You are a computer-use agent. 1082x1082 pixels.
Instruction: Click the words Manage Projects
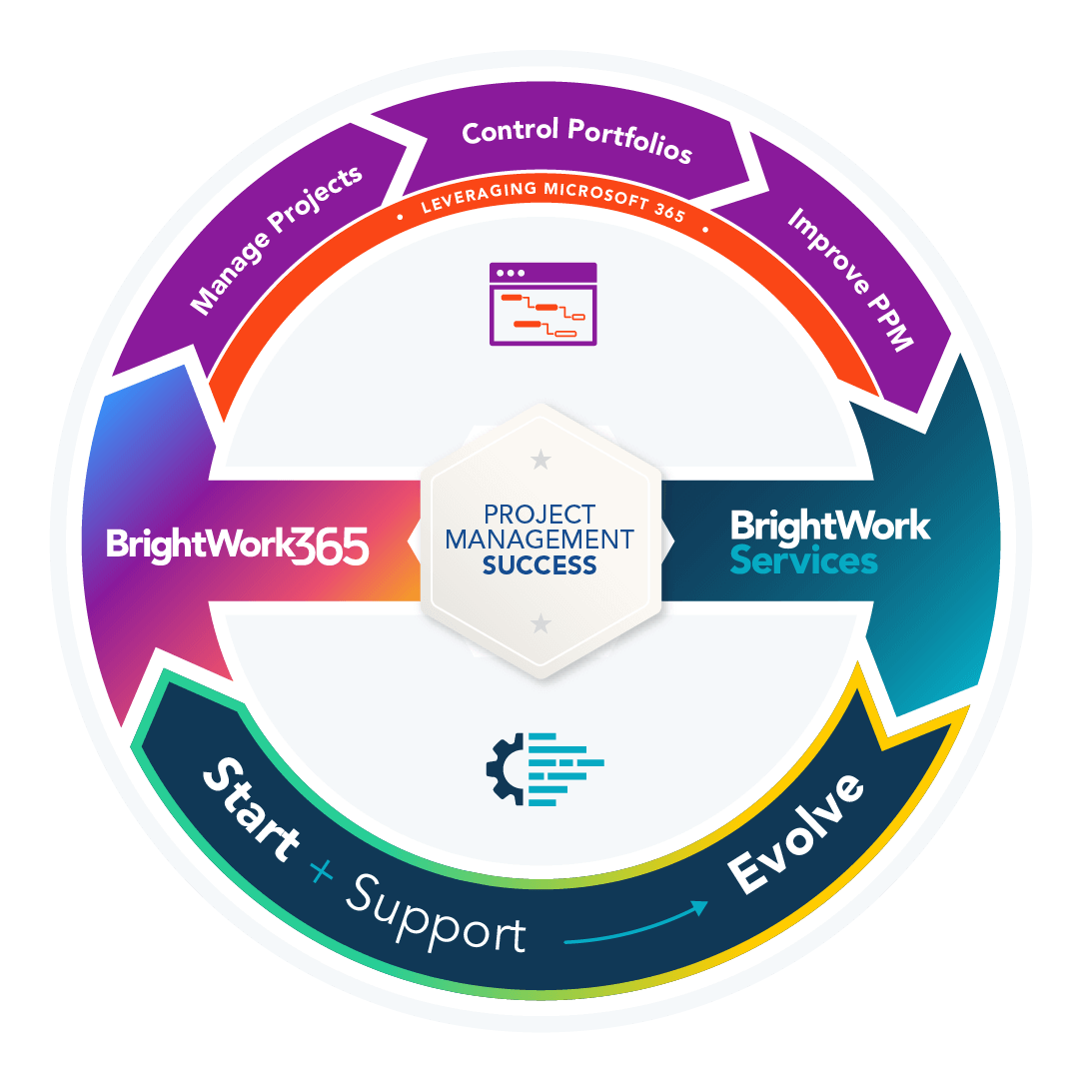pos(277,241)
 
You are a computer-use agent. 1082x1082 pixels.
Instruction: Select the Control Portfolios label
pos(576,141)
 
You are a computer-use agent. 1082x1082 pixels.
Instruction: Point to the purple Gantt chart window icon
pos(542,304)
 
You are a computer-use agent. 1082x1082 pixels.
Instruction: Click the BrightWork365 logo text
pos(238,545)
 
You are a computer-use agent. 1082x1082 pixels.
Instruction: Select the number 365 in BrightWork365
pos(333,545)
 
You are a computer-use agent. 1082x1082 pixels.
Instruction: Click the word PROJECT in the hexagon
pos(540,515)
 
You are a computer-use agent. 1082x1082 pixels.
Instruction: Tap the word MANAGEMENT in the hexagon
pos(540,540)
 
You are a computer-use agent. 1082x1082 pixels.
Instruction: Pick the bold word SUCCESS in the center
pos(540,565)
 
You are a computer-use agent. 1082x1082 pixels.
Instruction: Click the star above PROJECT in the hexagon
pos(541,460)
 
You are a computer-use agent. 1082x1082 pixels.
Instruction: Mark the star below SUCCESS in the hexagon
pos(541,624)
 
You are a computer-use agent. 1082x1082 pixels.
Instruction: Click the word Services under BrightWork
pos(803,560)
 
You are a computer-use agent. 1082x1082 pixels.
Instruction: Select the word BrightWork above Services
pos(829,526)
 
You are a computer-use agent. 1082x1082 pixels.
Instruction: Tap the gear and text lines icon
pos(544,768)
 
